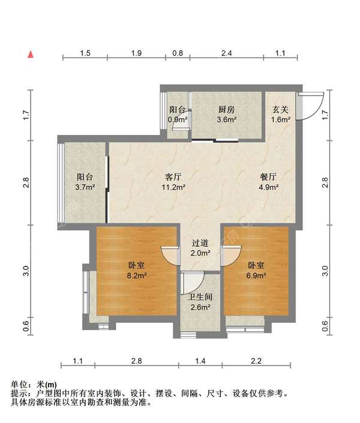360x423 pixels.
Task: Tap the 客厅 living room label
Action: [173, 177]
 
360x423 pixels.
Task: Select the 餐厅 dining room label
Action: [268, 177]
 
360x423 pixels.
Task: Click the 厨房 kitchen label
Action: [226, 110]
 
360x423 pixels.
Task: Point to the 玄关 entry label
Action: [281, 110]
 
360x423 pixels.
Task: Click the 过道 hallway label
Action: [200, 244]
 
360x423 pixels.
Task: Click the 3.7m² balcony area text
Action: [85, 187]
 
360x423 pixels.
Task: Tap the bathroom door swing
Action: [191, 283]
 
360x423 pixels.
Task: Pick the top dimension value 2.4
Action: [226, 53]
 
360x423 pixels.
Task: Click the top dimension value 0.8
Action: [178, 53]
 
